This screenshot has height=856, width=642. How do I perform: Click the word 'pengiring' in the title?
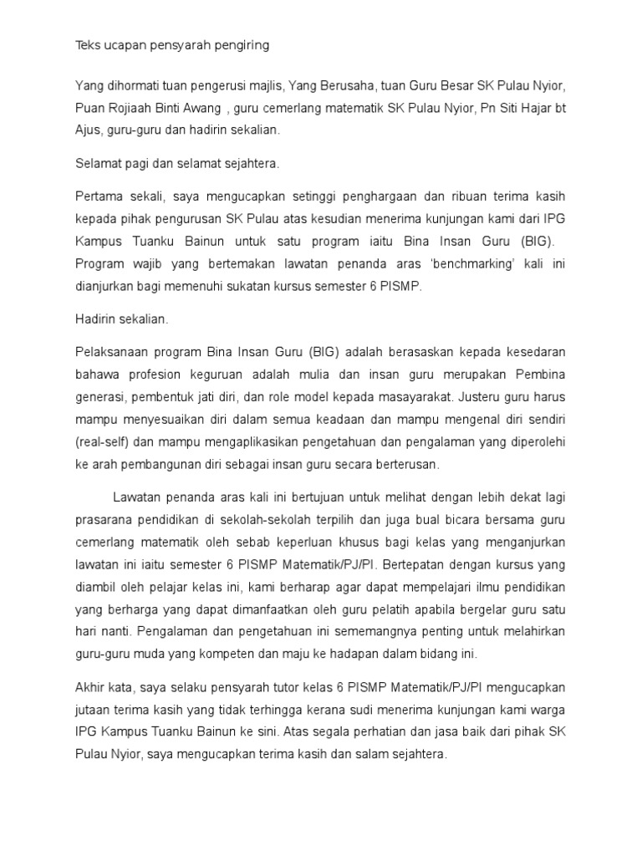(x=240, y=46)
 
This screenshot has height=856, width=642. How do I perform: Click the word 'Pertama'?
(x=98, y=196)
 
